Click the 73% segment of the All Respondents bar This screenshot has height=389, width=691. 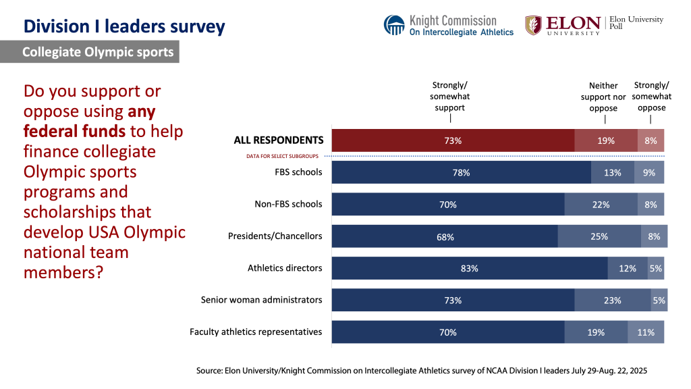click(453, 140)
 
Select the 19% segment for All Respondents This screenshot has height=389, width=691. click(605, 140)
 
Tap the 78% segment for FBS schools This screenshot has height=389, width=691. click(461, 172)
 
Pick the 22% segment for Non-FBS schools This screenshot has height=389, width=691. click(601, 205)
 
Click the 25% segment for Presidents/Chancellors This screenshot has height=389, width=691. click(599, 236)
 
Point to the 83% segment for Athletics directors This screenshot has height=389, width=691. click(470, 268)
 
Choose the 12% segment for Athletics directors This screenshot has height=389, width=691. click(628, 268)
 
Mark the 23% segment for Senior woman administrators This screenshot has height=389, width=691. click(612, 301)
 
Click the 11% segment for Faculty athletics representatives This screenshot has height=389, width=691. click(646, 332)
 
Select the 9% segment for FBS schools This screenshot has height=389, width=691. click(649, 172)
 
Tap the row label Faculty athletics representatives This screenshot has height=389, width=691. click(256, 332)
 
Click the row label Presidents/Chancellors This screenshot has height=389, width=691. click(275, 236)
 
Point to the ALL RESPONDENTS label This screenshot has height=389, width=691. click(279, 140)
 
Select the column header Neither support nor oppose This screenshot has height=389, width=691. click(603, 97)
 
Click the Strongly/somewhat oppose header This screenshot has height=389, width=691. click(651, 96)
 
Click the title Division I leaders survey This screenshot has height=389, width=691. click(124, 27)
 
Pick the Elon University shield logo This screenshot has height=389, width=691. click(533, 25)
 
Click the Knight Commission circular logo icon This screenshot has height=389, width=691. click(394, 25)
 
